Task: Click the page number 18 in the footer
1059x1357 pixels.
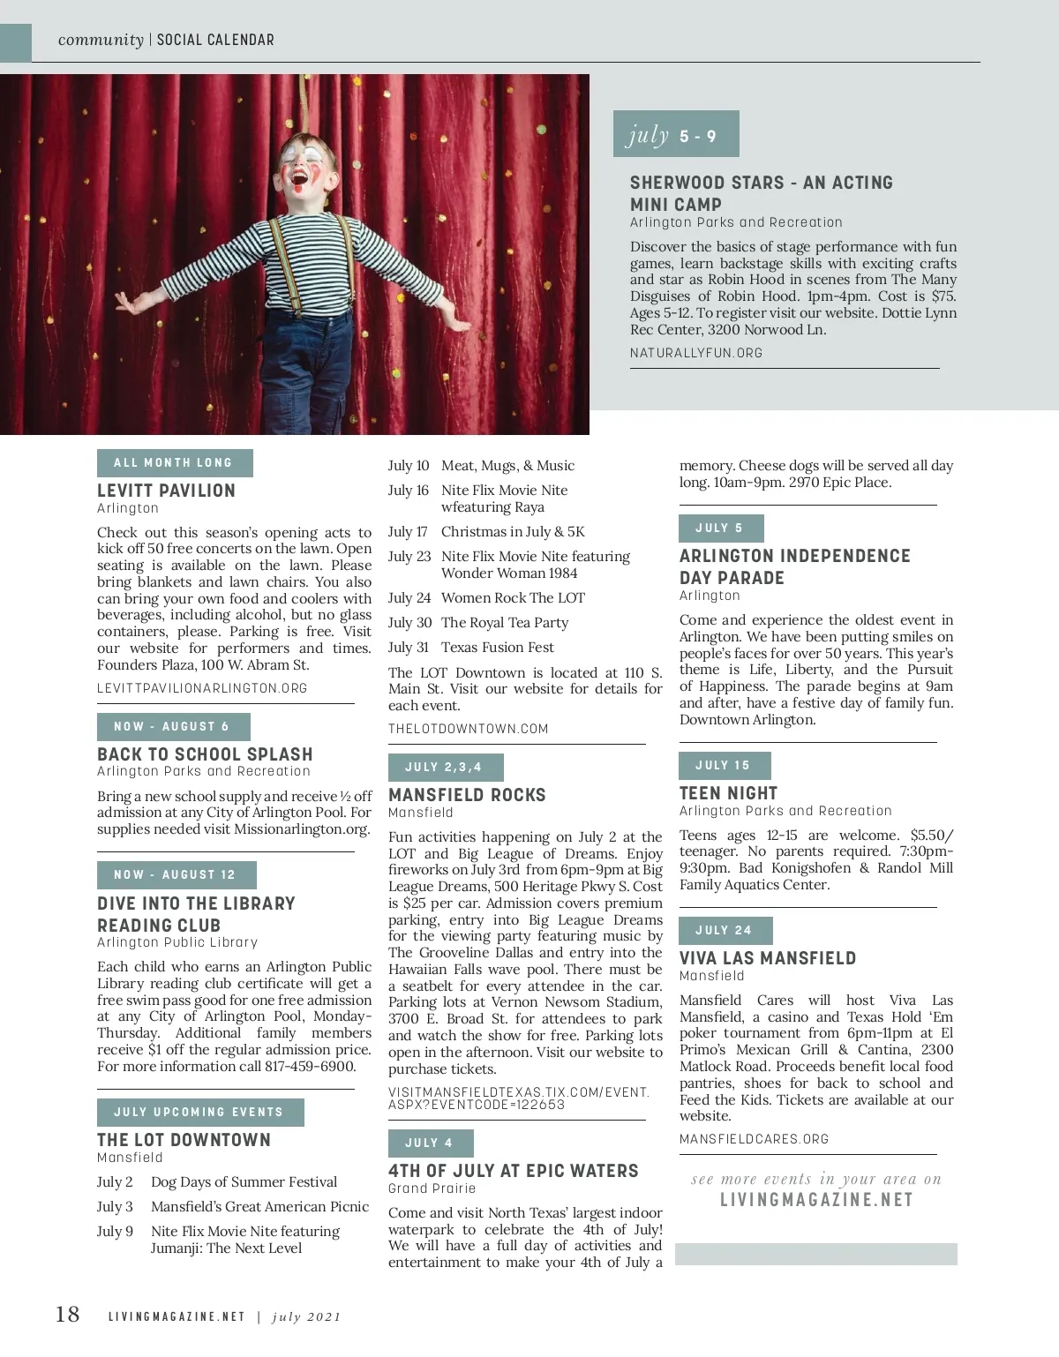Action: click(68, 1315)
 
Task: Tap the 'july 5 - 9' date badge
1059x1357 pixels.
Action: click(675, 135)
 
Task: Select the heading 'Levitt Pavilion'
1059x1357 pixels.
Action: click(166, 491)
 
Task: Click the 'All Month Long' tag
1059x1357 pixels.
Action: click(174, 463)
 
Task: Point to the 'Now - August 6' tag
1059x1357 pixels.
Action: click(173, 727)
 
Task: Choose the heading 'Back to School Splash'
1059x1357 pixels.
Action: click(205, 754)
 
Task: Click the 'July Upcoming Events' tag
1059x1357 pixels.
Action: click(199, 1113)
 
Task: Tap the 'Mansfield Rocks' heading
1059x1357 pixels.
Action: click(467, 795)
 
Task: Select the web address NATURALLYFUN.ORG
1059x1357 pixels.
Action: click(696, 353)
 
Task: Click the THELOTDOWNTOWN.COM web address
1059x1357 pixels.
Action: click(468, 729)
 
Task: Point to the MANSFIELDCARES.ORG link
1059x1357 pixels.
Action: click(754, 1139)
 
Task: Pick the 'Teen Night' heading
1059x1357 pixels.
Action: click(728, 793)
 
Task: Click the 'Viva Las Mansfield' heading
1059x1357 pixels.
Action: click(768, 958)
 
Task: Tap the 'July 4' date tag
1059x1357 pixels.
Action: click(430, 1143)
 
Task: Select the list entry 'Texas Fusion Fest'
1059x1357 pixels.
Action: click(498, 647)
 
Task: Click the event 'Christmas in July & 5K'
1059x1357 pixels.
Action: click(513, 531)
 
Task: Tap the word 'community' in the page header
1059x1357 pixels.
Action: click(101, 40)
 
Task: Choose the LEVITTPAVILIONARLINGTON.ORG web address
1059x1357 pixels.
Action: click(202, 688)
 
